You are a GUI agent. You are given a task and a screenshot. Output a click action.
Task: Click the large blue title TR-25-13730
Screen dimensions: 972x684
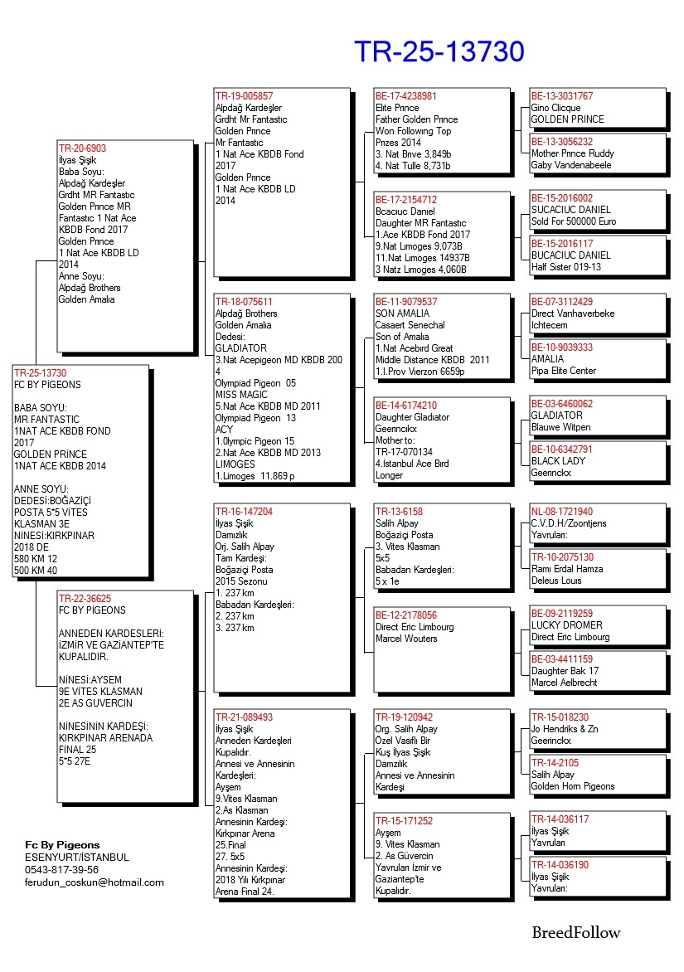pos(439,51)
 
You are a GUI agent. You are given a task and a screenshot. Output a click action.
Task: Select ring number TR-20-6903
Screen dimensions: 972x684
pos(82,148)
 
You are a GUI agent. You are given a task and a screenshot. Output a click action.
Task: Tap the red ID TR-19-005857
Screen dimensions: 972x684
pos(244,96)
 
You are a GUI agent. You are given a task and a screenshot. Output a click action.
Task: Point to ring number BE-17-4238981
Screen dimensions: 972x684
pos(405,96)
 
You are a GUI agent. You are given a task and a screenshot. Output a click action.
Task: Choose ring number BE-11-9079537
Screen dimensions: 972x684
pos(405,302)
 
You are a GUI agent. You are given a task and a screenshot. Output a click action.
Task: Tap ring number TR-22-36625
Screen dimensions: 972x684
pos(85,598)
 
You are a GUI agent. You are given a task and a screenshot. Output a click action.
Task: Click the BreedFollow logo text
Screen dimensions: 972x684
pos(575,933)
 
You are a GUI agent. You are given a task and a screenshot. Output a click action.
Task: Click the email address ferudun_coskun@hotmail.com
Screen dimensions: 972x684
pos(95,882)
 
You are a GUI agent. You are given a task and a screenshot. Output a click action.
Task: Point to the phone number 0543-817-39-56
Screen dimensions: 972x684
pos(61,869)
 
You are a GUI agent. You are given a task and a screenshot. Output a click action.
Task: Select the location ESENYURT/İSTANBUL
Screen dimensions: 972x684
pos(77,857)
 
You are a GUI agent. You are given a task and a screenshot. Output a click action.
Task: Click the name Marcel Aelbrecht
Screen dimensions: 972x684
pos(565,683)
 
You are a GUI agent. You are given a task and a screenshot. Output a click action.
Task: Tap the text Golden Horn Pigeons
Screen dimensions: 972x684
pos(573,786)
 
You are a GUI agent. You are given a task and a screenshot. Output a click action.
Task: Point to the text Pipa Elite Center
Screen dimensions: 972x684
pos(563,371)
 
